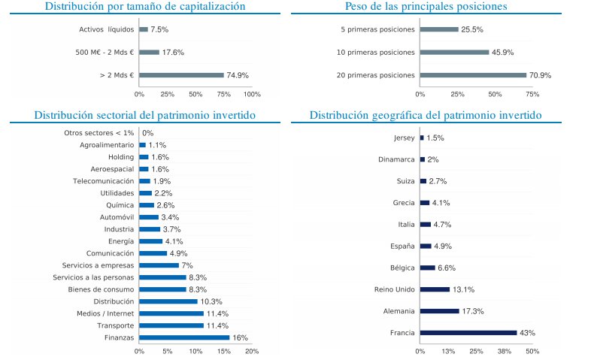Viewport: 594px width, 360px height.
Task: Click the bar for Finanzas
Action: pos(184,337)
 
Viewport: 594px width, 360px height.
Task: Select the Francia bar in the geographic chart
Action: pos(468,332)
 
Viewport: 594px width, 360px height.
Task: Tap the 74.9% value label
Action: pos(238,75)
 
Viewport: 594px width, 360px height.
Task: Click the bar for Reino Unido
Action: pos(435,289)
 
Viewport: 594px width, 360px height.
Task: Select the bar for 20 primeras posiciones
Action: pos(474,75)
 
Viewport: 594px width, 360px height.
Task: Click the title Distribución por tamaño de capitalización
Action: pos(145,7)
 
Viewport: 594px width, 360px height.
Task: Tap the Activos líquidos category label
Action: pos(106,29)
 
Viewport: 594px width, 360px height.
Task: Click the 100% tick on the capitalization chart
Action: pos(252,94)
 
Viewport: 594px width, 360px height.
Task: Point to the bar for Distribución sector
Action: pos(168,301)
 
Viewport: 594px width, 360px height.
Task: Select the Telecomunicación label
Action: pos(104,181)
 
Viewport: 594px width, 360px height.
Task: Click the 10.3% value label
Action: pos(212,301)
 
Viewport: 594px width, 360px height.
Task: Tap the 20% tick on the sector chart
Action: pos(252,351)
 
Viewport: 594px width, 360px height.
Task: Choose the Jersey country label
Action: pos(404,138)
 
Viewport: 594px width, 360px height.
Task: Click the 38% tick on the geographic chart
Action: pos(505,351)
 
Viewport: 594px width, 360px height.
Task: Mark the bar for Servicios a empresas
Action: pos(159,265)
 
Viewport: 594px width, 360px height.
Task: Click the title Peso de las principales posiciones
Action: pos(426,7)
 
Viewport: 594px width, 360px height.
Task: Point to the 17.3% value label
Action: pos(473,310)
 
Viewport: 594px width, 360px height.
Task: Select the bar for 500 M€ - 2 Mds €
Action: pos(150,53)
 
